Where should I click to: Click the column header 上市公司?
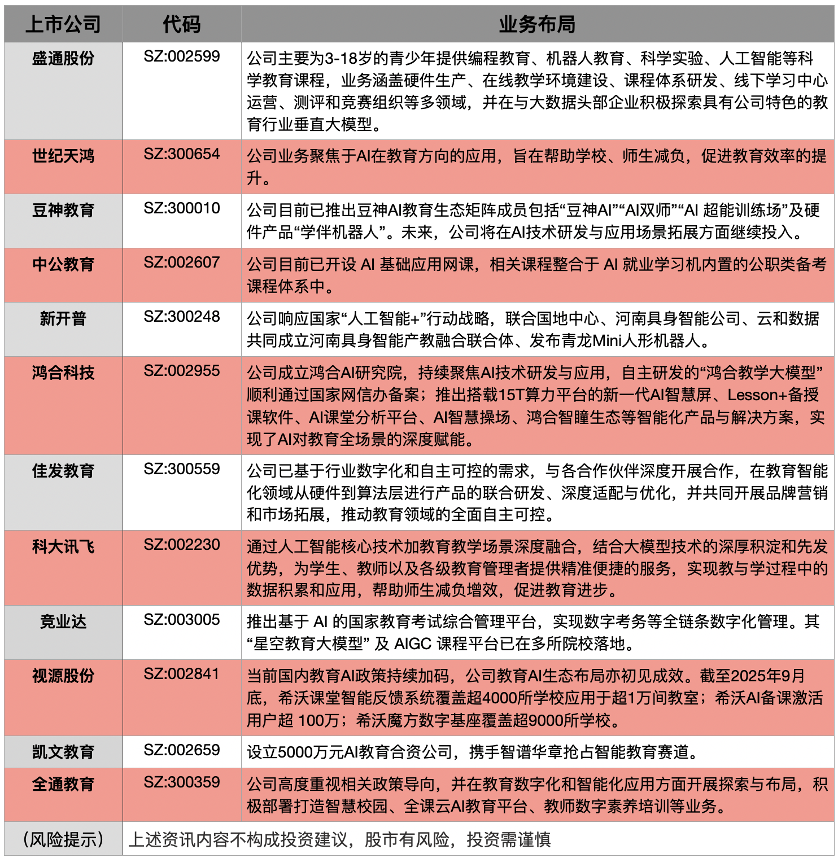(x=63, y=24)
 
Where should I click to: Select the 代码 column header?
(x=181, y=24)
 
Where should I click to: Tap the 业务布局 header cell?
(x=537, y=24)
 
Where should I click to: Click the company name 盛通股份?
(x=63, y=58)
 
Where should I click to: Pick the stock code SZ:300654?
(x=181, y=154)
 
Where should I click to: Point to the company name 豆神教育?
(x=63, y=210)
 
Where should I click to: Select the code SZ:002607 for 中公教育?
(x=181, y=262)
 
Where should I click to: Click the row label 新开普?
(x=63, y=318)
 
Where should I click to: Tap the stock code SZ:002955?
(x=181, y=371)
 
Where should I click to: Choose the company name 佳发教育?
(x=63, y=471)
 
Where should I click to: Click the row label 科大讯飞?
(x=63, y=546)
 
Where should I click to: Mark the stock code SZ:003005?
(x=181, y=620)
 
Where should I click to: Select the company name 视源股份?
(x=63, y=676)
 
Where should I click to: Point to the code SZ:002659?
(x=181, y=750)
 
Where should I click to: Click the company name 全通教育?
(x=63, y=784)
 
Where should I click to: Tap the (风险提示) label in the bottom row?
(x=63, y=839)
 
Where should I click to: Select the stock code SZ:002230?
(x=181, y=545)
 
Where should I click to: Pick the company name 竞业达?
(x=63, y=621)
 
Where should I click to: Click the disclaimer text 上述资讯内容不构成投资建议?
(x=339, y=839)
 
